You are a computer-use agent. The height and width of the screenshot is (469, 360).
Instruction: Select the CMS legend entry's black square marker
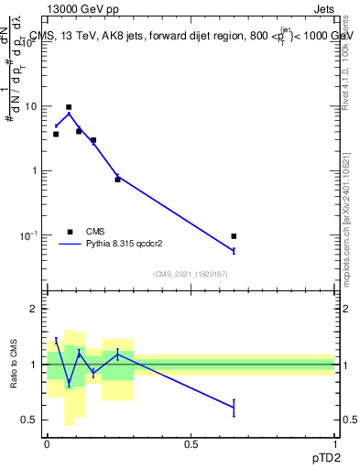tap(70, 232)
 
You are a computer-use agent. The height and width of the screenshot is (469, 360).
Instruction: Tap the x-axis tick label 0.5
tap(191, 444)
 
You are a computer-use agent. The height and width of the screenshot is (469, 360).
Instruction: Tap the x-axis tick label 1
tap(334, 444)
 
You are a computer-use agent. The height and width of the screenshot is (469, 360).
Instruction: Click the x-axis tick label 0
tap(47, 444)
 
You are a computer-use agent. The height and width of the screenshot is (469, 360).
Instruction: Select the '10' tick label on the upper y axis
tap(31, 106)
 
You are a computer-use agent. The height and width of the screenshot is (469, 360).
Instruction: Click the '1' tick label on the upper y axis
tap(35, 171)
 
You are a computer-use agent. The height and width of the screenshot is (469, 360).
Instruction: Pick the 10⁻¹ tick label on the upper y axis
tap(29, 234)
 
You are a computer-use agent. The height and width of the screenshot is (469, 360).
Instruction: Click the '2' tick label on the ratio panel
tap(35, 310)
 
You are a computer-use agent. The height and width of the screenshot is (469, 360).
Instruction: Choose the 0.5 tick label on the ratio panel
tap(30, 420)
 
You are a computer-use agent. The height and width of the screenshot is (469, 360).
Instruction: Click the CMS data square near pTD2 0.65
tap(234, 236)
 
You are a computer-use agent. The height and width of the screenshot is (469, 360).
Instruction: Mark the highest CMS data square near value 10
tap(69, 107)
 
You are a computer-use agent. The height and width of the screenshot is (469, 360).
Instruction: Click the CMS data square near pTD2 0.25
tap(117, 180)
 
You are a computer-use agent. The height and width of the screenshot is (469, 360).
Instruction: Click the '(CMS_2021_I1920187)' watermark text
tap(191, 274)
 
